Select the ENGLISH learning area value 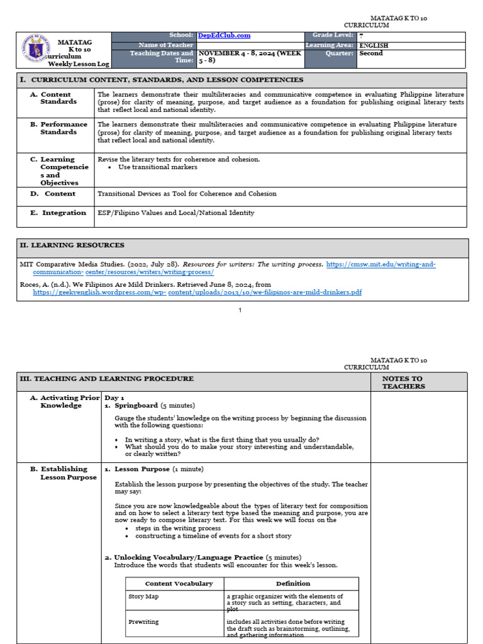coord(374,45)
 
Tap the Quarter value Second coord(370,53)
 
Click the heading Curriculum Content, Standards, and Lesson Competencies coord(167,80)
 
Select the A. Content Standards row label coord(59,98)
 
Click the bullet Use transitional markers coord(157,167)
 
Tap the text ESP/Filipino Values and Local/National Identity coord(175,213)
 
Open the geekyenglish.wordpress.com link coord(197,292)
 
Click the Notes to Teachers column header coord(403,382)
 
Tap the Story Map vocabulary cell coord(143,596)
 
